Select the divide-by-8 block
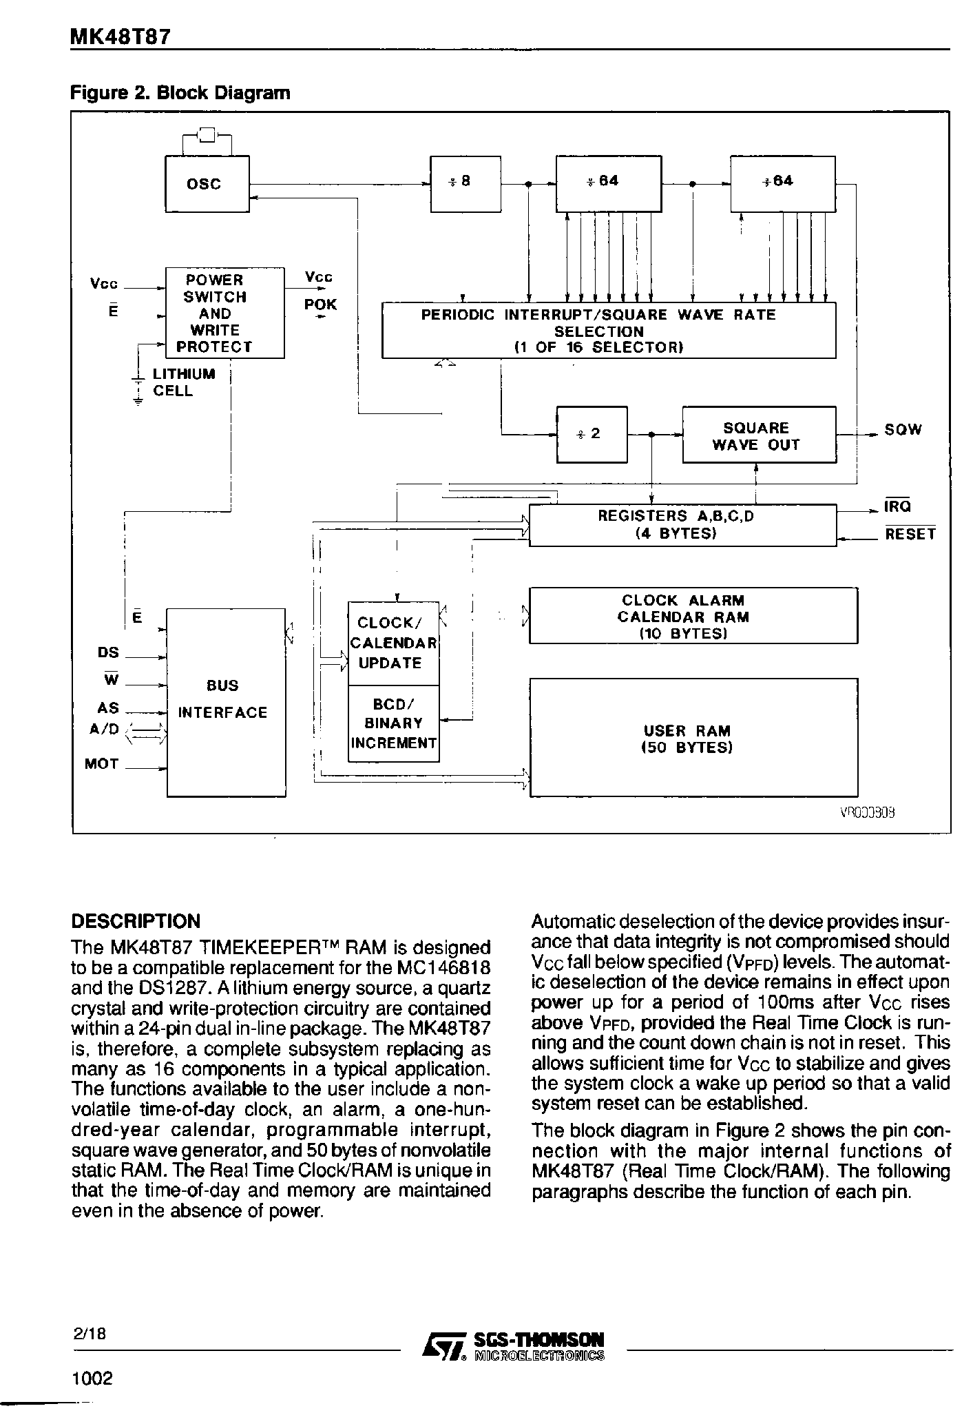465,184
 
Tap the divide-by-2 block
591,434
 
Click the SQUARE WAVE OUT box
758,435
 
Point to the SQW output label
903,430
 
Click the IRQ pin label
898,506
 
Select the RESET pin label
910,534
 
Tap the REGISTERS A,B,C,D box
682,525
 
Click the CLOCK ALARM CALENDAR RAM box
692,616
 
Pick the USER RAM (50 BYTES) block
692,738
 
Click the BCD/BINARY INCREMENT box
393,723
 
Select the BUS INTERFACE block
226,701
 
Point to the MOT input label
102,763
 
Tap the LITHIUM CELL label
183,382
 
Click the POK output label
320,305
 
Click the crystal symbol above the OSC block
207,134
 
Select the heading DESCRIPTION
136,921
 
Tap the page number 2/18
90,1333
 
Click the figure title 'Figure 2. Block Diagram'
180,92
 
